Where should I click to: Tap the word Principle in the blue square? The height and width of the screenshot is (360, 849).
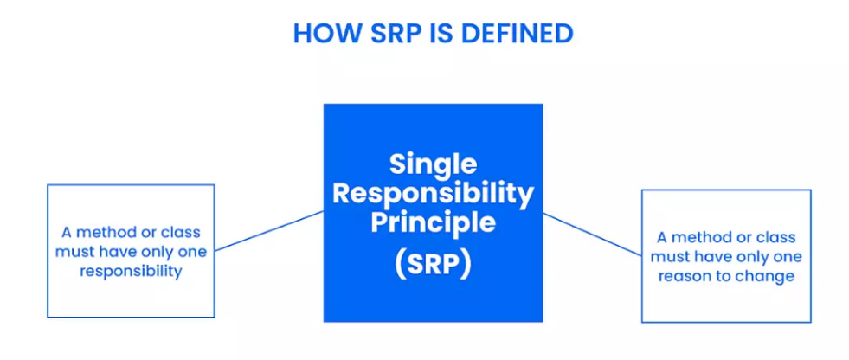434,224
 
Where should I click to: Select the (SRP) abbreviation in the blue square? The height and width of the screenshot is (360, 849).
434,265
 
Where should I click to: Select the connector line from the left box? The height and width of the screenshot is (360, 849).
269,231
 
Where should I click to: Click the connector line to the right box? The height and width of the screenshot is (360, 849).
592,235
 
